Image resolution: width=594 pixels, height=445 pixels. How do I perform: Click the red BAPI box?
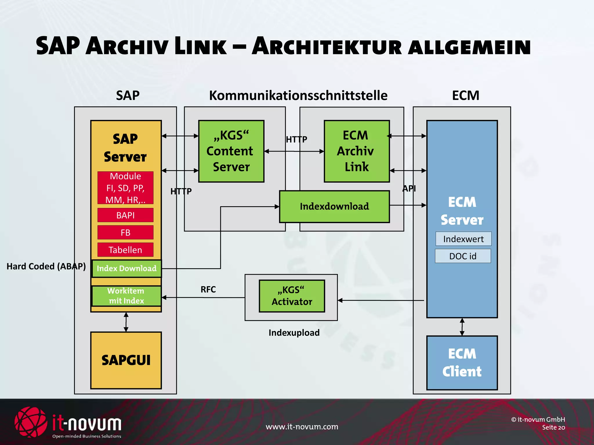point(125,215)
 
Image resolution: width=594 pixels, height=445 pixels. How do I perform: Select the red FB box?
point(125,233)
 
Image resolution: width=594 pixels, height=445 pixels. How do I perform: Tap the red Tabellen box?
point(125,250)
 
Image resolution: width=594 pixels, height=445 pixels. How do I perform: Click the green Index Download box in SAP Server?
point(126,269)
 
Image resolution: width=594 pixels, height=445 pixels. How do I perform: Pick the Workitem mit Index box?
point(126,296)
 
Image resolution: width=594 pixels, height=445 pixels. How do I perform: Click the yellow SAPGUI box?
point(126,360)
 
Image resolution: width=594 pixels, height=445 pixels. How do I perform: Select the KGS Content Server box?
point(231,151)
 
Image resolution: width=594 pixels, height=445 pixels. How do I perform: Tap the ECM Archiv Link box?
point(356,151)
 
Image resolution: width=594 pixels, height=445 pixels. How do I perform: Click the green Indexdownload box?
point(334,207)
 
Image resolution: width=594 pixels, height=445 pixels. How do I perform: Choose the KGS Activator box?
point(292,296)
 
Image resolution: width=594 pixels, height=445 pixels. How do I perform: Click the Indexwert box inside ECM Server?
point(463,239)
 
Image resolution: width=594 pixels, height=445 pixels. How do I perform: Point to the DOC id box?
point(463,256)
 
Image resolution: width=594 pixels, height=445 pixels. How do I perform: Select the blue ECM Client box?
point(462,363)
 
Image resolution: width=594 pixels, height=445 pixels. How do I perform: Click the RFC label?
point(208,289)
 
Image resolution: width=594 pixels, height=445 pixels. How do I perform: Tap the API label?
point(409,189)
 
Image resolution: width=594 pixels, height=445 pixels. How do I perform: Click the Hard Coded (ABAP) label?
point(46,266)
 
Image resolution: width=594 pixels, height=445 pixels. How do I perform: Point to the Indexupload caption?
point(294,333)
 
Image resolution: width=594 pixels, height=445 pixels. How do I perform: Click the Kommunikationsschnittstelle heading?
point(298,96)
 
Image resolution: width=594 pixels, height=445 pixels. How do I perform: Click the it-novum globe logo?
point(31,422)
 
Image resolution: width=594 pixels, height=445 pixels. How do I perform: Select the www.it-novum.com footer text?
point(302,427)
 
